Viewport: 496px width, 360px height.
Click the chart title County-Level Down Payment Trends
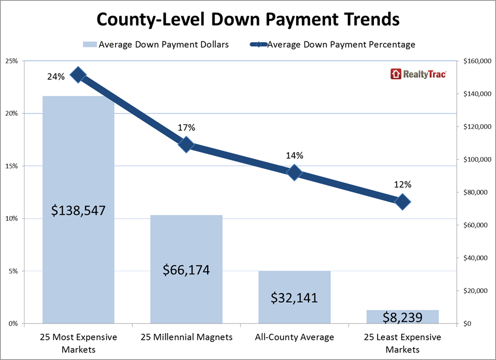[248, 20]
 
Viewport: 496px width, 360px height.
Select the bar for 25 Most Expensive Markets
[78, 164]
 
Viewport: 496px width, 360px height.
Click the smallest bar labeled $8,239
[402, 317]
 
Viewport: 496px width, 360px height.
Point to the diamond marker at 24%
[78, 75]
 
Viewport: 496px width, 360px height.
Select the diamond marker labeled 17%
[186, 145]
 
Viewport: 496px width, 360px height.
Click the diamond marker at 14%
[294, 173]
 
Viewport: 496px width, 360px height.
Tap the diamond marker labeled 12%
[402, 202]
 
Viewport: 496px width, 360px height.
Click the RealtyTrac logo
[418, 74]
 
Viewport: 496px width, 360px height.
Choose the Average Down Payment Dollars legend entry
[155, 45]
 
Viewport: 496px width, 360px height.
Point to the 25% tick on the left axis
[11, 61]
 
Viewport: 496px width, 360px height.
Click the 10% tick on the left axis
[11, 219]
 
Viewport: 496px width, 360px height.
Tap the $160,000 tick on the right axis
[476, 62]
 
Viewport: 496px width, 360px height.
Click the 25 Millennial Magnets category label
[186, 337]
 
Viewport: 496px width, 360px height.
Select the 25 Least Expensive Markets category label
[402, 342]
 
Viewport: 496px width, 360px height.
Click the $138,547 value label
[78, 211]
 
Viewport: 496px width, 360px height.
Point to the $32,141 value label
[294, 298]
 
